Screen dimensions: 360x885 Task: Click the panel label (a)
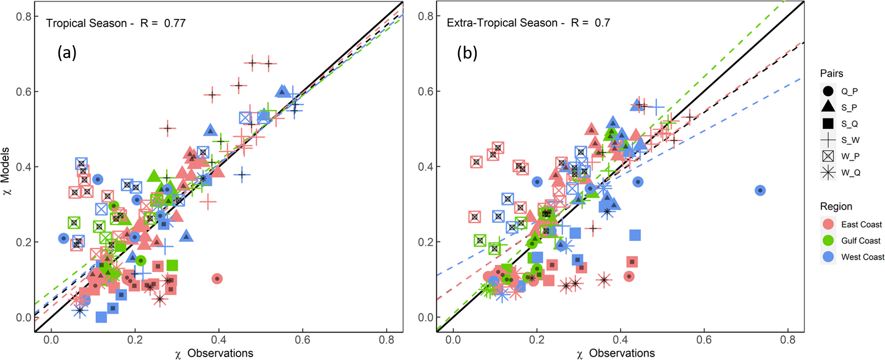point(67,52)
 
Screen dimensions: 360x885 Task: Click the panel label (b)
point(467,53)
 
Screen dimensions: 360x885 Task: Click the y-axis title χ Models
point(6,171)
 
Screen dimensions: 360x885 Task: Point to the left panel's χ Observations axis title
point(214,353)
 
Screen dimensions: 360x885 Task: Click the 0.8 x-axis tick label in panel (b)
point(788,340)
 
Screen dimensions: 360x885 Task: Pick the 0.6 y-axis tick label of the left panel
point(23,92)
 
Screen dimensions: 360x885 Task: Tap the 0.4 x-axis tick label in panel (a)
point(218,340)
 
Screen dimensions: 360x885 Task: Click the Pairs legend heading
point(831,73)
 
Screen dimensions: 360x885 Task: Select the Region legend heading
point(836,207)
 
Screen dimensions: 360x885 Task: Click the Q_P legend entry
point(849,91)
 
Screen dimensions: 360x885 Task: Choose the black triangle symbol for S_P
point(828,107)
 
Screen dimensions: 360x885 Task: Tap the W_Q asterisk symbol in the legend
point(828,173)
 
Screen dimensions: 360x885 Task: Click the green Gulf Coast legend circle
point(828,240)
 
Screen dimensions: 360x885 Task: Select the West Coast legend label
point(862,257)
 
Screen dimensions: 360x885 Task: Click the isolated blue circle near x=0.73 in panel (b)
point(760,190)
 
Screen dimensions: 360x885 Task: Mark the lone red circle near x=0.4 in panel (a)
point(217,279)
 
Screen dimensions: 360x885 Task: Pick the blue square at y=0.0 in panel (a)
point(101,317)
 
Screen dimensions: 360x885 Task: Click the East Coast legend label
point(861,224)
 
